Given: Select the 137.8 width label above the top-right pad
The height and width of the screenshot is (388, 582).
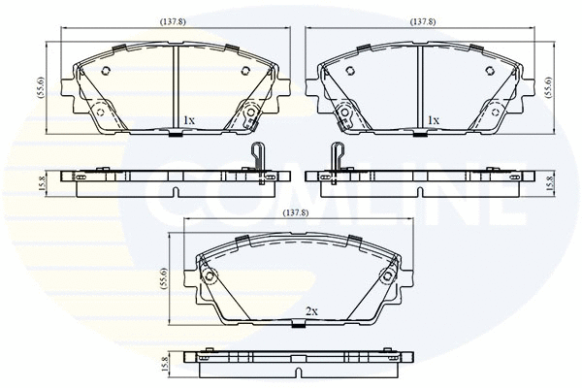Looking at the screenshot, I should coord(422,20).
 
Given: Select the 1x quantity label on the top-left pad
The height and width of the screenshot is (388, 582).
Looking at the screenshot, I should coord(189,120).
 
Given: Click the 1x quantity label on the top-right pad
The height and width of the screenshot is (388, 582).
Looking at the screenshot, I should coord(434,120).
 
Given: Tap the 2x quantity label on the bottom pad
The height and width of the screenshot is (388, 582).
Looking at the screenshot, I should coord(311,311).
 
